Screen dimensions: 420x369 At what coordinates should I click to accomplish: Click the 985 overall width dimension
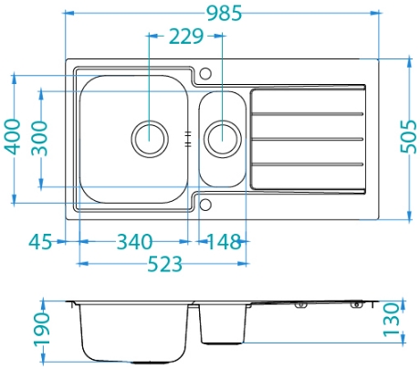225,14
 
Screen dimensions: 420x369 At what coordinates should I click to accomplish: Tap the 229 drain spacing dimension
186,37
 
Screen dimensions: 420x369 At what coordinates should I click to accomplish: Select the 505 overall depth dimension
408,137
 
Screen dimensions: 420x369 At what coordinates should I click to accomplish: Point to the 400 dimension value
13,137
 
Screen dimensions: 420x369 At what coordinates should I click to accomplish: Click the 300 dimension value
40,138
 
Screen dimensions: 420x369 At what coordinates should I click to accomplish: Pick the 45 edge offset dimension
40,242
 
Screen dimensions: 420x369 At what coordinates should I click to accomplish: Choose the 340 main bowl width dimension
134,242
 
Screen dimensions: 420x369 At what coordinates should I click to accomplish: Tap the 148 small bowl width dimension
225,242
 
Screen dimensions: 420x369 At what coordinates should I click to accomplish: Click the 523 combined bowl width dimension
164,264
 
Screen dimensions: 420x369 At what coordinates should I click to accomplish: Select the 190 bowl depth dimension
41,329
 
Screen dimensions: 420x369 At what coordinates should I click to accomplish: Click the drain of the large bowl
150,139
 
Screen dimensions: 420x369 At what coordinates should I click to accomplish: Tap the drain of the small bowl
223,139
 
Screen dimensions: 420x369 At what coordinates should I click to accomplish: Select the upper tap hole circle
205,73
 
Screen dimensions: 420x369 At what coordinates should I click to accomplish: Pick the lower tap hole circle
205,205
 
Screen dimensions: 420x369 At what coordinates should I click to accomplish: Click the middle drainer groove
308,139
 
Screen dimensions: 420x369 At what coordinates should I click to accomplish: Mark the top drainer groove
308,114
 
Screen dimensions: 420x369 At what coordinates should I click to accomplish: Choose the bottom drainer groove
308,164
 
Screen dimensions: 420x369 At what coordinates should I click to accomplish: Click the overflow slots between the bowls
188,139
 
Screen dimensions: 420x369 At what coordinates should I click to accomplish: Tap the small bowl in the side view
223,323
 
